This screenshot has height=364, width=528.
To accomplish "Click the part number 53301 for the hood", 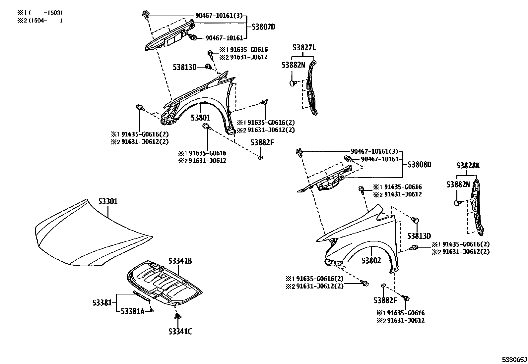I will pos(108,201).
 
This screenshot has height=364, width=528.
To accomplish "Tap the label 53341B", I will pos(180,261).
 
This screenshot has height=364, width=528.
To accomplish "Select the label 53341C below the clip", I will pos(180,331).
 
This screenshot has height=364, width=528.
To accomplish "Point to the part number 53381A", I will pos(132,311).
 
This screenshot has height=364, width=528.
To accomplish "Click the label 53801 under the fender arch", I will pos(200,118).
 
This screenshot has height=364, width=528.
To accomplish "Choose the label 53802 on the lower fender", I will pos(371,261).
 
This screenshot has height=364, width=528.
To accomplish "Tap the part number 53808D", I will pos(419,164).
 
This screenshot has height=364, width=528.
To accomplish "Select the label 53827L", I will pos(304,48).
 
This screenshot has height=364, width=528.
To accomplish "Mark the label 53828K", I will pos(468,166).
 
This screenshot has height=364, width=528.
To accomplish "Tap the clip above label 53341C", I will pos(178,316).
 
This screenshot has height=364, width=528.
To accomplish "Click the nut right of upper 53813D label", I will pos(209,67).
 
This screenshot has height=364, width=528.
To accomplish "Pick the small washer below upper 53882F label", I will pos(260,157).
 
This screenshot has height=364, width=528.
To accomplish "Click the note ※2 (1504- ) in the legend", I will pos(40,20).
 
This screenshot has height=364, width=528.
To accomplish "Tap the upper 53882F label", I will pos(262,142).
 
